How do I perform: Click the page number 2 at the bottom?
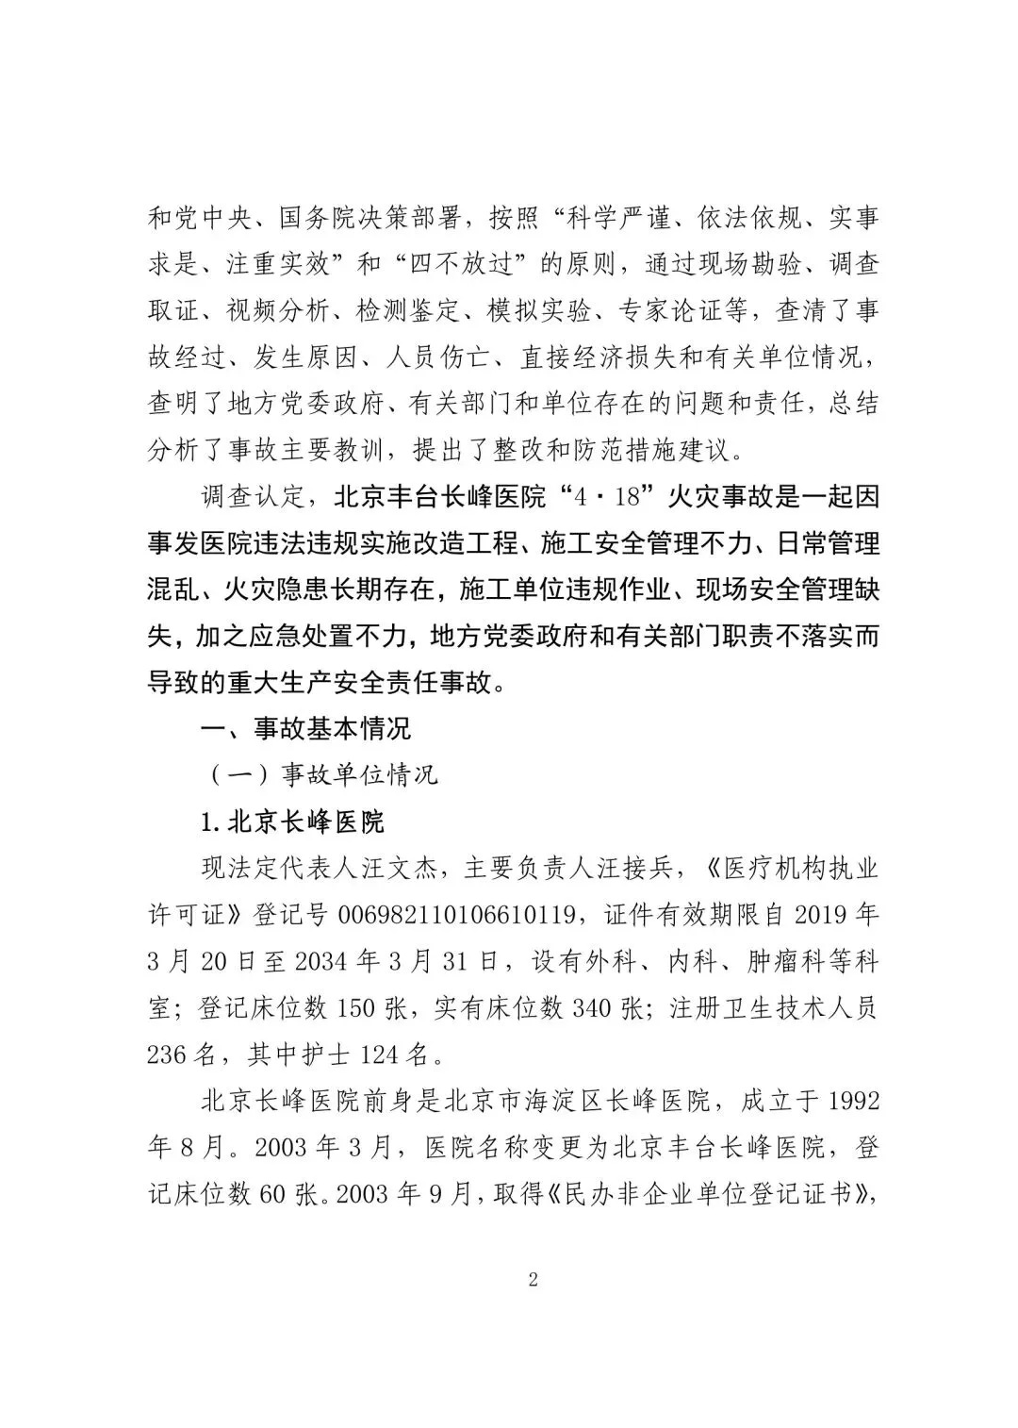(533, 1280)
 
